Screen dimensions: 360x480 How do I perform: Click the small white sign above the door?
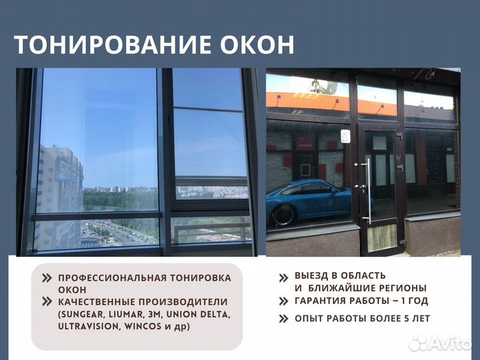pyautogui.click(x=345, y=136)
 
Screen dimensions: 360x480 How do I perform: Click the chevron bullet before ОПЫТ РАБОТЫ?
pyautogui.click(x=283, y=319)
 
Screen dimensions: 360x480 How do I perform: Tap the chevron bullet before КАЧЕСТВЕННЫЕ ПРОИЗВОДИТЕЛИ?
pyautogui.click(x=46, y=301)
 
